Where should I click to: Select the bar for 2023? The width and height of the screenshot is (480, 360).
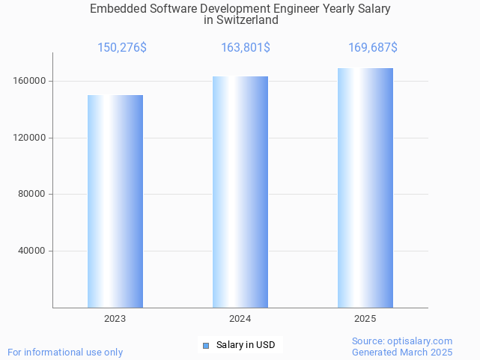(115, 201)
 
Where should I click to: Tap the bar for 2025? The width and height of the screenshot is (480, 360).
(365, 188)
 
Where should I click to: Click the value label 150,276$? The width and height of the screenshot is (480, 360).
(122, 48)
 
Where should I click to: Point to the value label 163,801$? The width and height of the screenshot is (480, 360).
(246, 48)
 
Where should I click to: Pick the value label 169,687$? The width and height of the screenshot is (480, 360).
(373, 48)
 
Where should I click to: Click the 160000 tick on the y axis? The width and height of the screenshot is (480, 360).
(31, 81)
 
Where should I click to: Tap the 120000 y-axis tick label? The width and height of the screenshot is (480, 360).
(31, 138)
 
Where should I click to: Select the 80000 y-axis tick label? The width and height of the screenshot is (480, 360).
(33, 195)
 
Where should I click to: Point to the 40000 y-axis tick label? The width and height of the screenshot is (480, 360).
(33, 251)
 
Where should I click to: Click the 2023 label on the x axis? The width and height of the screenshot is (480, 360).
(115, 319)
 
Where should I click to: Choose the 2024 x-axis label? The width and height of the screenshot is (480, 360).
(240, 319)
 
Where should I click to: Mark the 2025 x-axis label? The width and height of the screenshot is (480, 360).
(365, 319)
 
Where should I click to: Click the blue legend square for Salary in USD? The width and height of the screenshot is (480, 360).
(207, 345)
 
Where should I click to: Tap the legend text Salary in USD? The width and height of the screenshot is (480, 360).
(246, 345)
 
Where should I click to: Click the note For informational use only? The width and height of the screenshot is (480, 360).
(65, 352)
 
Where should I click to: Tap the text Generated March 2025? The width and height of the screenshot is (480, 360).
(402, 352)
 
